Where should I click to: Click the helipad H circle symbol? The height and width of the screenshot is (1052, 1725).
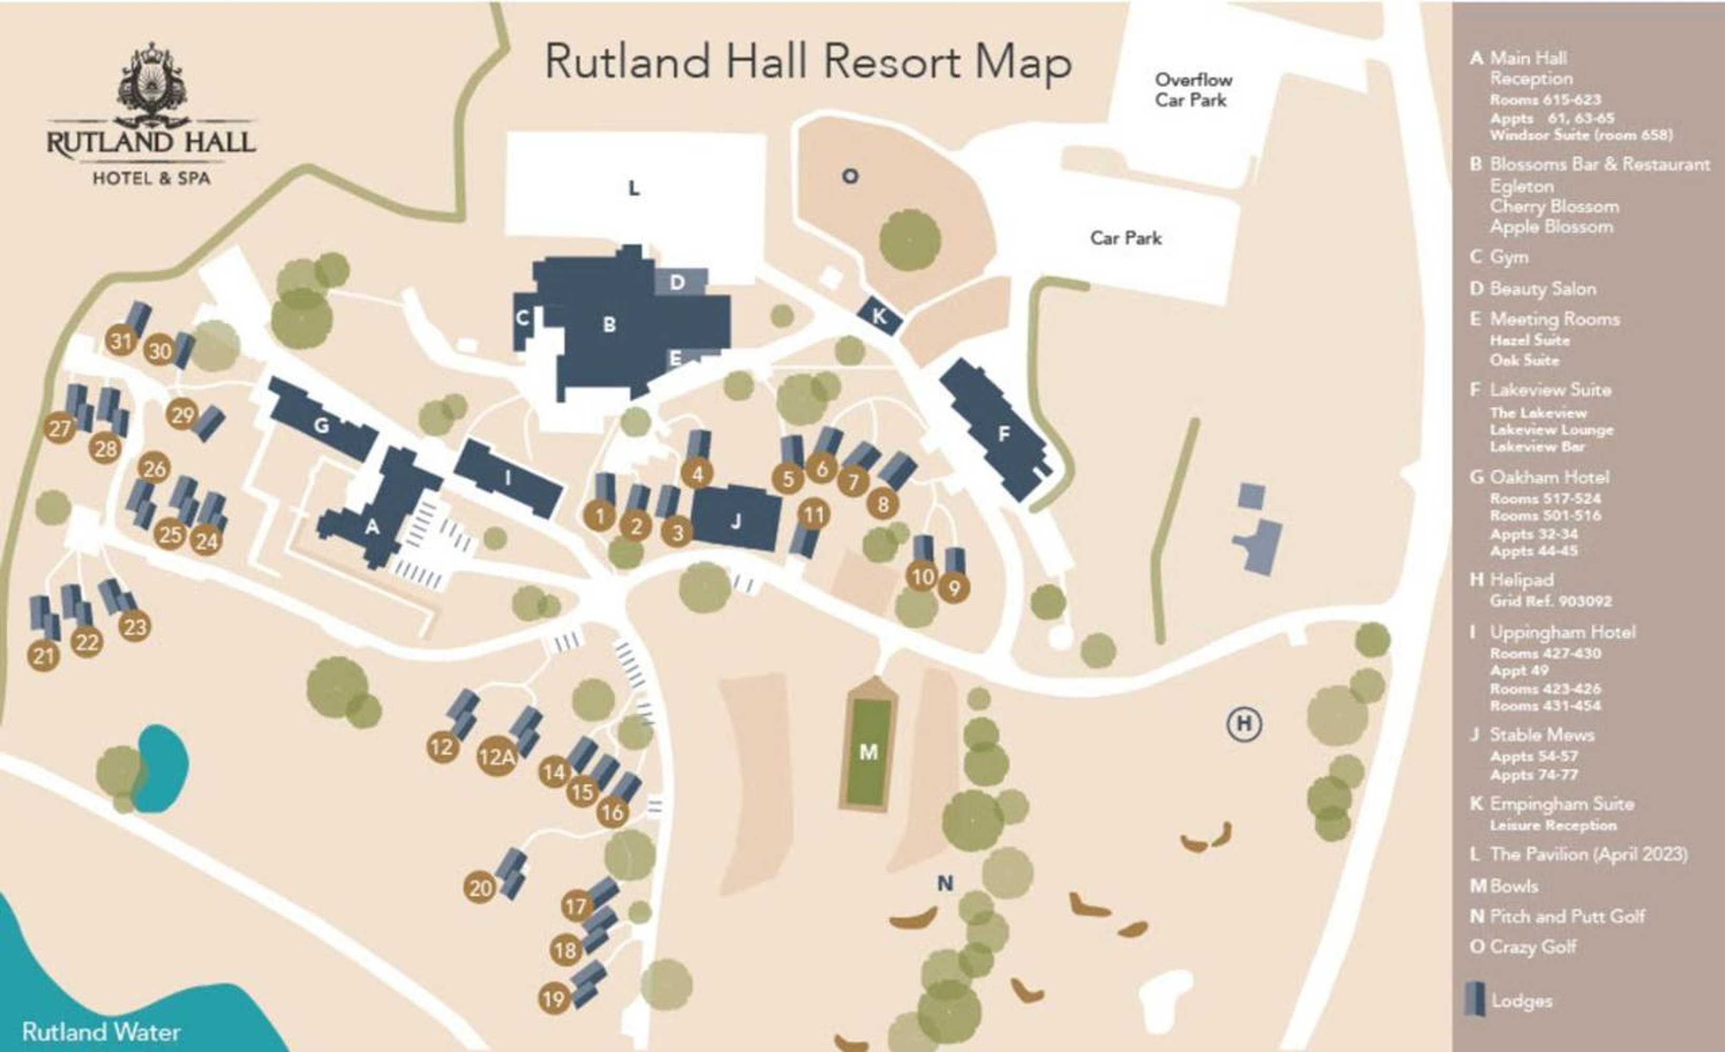coord(1243,723)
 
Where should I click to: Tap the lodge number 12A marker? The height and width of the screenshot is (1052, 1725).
coord(496,756)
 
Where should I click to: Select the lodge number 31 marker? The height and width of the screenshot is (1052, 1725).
coord(121,341)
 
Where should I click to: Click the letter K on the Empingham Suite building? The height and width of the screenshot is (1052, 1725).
coord(879,316)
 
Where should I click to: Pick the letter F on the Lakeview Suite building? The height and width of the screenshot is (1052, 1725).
coord(1003,434)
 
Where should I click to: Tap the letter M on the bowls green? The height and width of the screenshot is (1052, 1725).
coord(868,752)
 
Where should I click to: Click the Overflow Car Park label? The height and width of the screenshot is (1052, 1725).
coord(1193,89)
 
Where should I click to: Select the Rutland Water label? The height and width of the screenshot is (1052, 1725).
coord(101,1031)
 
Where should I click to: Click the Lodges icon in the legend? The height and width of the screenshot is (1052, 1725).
coord(1475,999)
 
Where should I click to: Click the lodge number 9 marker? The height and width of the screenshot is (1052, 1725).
coord(953,588)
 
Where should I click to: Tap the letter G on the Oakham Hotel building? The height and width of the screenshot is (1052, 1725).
coord(322,425)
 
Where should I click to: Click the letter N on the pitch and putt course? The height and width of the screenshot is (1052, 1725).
coord(945,883)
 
